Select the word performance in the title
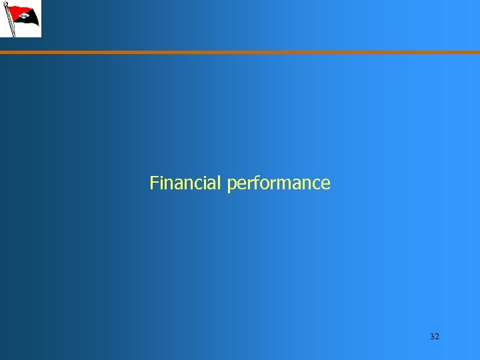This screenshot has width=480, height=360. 279,183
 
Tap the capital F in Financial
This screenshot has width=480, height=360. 154,183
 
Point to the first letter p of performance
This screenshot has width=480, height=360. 231,185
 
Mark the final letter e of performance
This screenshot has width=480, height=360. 326,184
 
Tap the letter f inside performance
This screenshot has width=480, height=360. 255,182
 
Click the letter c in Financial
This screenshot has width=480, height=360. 201,184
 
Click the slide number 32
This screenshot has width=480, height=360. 435,337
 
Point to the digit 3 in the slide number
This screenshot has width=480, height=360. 432,337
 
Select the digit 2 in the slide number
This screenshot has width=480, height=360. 437,337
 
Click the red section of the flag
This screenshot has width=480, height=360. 19,10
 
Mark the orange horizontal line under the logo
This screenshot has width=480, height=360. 240,52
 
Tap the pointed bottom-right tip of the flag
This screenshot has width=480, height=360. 39,27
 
